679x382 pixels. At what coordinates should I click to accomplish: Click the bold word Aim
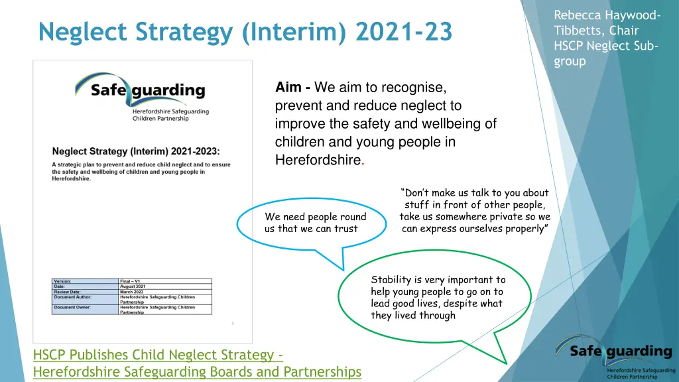coord(289,88)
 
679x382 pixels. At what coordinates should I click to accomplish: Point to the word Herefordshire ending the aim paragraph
coord(317,160)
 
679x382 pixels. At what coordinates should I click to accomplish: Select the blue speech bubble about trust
coord(312,222)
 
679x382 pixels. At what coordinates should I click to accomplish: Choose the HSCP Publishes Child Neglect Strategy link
coord(158,355)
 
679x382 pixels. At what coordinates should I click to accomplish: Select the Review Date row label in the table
coord(68,292)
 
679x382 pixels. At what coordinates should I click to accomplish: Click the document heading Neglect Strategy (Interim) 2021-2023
coord(136,152)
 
